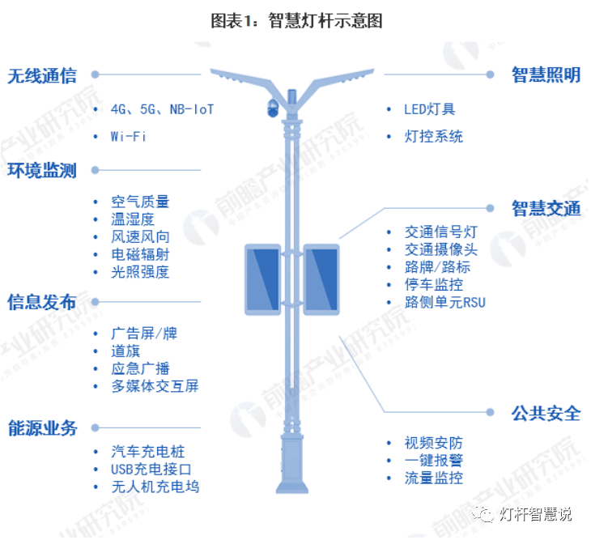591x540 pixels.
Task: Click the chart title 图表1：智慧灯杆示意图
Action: pyautogui.click(x=296, y=20)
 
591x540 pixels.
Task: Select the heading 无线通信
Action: pyautogui.click(x=42, y=76)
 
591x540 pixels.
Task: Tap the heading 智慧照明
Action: pyautogui.click(x=546, y=74)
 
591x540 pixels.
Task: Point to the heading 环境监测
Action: pyautogui.click(x=42, y=170)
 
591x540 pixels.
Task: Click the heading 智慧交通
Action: pyautogui.click(x=546, y=208)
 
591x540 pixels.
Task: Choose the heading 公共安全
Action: pyautogui.click(x=546, y=414)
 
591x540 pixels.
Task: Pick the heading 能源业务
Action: pyautogui.click(x=43, y=428)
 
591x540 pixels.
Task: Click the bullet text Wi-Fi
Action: pyautogui.click(x=128, y=136)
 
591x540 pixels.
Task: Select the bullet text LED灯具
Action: pyautogui.click(x=430, y=109)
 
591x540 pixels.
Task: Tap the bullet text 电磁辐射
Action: pyautogui.click(x=140, y=255)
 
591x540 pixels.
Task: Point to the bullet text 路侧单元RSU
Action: pyautogui.click(x=445, y=302)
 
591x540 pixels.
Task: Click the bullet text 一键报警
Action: pyautogui.click(x=434, y=461)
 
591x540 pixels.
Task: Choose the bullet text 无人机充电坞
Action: pyautogui.click(x=155, y=487)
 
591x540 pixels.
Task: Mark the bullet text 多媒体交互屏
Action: pyautogui.click(x=155, y=386)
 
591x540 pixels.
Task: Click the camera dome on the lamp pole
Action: pyautogui.click(x=273, y=108)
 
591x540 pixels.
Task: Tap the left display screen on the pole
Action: pyautogui.click(x=263, y=279)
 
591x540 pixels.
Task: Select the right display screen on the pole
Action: pyautogui.click(x=321, y=279)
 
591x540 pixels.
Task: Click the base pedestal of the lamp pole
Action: pyautogui.click(x=292, y=464)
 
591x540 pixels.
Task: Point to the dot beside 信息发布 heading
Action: pyautogui.click(x=95, y=302)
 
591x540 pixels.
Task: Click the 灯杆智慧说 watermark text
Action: pyautogui.click(x=536, y=514)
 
